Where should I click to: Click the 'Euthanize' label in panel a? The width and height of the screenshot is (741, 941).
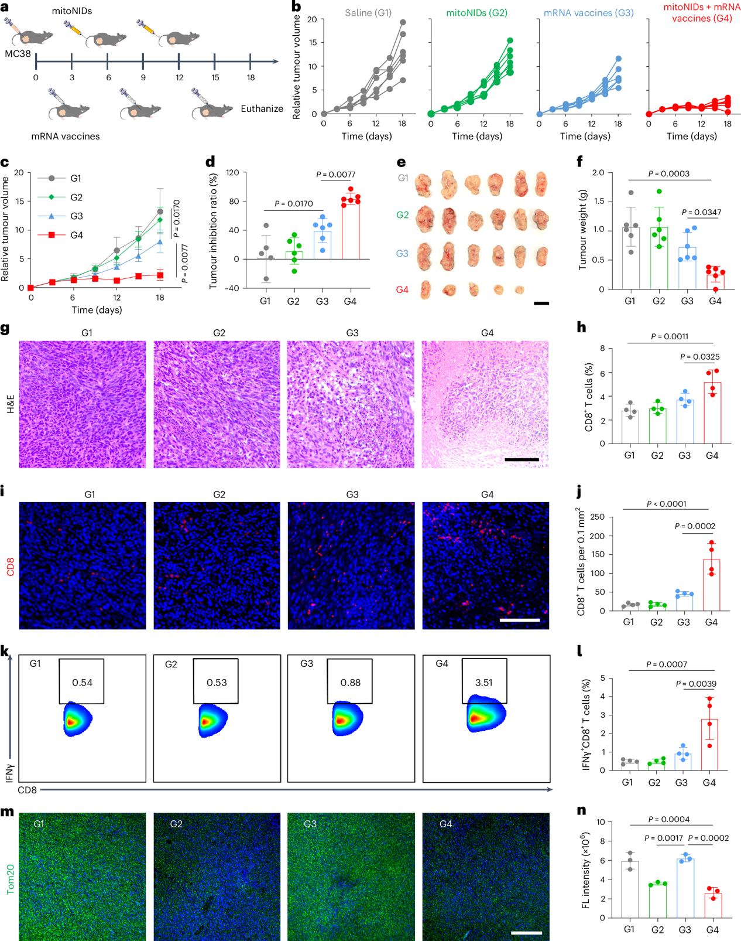click(262, 109)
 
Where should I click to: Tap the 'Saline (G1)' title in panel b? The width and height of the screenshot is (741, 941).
click(368, 13)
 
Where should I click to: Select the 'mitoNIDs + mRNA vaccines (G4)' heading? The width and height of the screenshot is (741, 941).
click(694, 13)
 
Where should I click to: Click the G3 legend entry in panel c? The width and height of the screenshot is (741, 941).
click(76, 216)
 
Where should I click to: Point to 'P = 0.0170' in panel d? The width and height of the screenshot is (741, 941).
click(294, 204)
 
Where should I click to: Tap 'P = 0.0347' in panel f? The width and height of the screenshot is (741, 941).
click(702, 212)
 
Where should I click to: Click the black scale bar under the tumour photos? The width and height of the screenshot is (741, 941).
click(541, 304)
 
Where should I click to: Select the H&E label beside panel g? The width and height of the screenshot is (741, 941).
click(11, 404)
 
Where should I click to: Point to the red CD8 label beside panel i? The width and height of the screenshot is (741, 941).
click(11, 565)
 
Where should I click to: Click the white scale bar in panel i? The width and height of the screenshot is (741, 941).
click(520, 619)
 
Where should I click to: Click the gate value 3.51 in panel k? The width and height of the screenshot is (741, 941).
click(484, 683)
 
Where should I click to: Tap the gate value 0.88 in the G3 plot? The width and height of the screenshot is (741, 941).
click(351, 683)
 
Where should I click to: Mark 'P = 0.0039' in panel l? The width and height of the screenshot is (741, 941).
click(696, 684)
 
